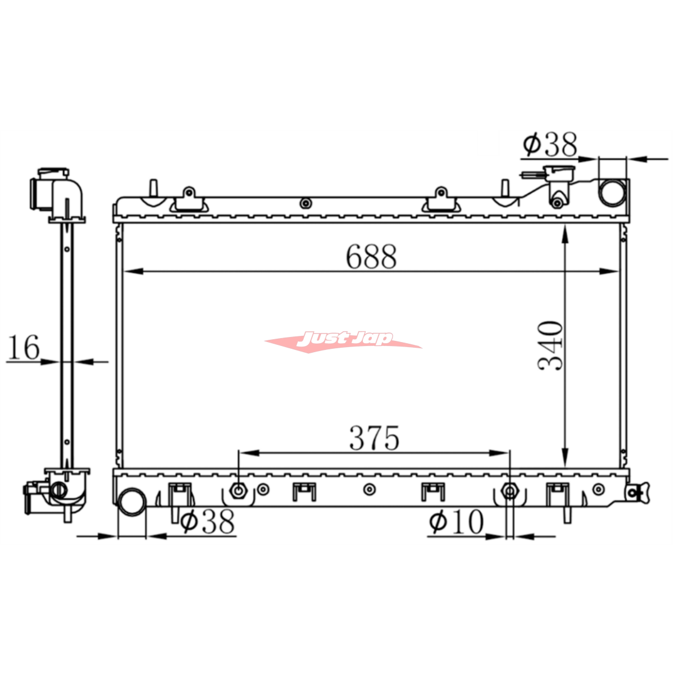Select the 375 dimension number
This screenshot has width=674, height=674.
pos(374,438)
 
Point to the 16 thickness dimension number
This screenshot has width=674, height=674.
pos(24,348)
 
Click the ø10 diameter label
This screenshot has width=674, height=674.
pos(457,521)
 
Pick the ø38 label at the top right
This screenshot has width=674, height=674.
pos(550,144)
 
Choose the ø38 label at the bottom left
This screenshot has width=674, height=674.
pos(207,521)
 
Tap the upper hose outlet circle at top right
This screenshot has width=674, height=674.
pos(612,192)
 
